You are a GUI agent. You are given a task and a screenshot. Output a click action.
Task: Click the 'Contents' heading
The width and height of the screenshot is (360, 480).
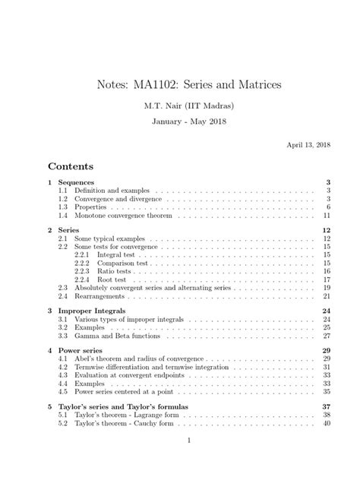click(71, 166)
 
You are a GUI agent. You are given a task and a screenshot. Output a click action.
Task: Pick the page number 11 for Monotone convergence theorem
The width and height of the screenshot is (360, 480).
click(325, 216)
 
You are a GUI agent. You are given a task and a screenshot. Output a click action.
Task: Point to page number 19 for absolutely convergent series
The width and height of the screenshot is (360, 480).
click(325, 288)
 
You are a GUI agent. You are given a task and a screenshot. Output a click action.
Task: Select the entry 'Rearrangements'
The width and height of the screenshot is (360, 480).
click(99, 296)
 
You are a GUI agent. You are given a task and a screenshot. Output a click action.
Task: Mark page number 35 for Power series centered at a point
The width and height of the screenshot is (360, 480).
click(325, 392)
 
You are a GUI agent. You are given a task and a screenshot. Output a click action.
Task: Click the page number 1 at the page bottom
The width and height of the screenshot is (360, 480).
click(180, 460)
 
